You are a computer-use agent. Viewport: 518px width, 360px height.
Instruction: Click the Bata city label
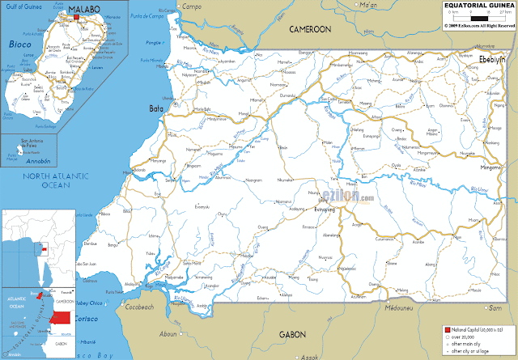pyautogui.click(x=155, y=108)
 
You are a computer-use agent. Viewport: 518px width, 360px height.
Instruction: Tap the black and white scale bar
pyautogui.click(x=478, y=17)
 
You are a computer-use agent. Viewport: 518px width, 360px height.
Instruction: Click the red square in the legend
pyautogui.click(x=447, y=331)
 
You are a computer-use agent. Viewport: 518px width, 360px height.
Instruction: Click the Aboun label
pyautogui.click(x=168, y=333)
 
